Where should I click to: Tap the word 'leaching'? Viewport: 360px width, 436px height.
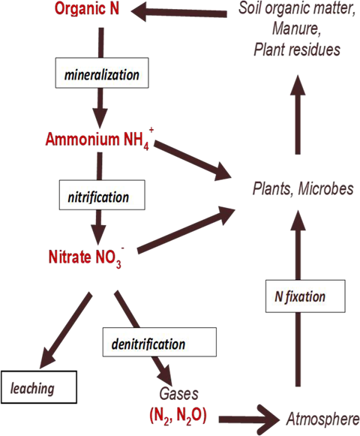click(31, 389)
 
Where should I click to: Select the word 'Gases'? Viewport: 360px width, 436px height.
click(175, 393)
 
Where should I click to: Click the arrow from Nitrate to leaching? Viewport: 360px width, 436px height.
click(66, 330)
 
